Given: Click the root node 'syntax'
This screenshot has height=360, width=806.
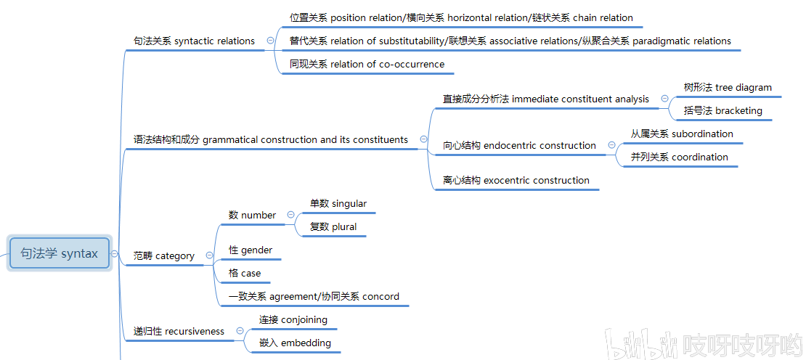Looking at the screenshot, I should click(59, 254).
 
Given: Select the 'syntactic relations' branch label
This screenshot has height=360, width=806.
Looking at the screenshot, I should click(194, 41).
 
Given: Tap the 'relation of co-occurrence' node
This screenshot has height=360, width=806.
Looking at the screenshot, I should click(367, 65).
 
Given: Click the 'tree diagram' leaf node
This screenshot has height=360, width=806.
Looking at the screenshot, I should click(728, 88).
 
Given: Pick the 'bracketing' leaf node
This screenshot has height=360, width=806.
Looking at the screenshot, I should click(722, 111).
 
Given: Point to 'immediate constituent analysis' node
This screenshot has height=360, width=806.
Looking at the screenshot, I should click(546, 99).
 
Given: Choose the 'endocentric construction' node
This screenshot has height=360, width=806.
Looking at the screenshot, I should click(519, 146).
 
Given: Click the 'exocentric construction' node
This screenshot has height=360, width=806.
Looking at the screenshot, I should click(516, 181).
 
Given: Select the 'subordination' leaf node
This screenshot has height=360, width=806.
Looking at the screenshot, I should click(681, 134).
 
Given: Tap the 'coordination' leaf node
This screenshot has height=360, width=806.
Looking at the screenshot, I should click(679, 157).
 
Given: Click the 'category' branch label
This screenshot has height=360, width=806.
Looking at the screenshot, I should click(164, 256).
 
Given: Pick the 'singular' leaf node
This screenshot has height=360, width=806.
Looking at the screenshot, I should click(338, 204).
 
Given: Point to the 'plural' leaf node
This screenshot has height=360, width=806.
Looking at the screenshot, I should click(333, 227).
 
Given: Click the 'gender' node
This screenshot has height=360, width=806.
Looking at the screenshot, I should click(251, 250).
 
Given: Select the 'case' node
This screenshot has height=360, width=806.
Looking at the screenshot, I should click(245, 274).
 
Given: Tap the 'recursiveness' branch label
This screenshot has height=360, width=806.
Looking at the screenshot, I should click(179, 332).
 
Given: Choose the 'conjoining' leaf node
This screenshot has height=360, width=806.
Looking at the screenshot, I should click(293, 320).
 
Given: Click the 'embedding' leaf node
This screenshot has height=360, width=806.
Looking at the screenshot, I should click(295, 343).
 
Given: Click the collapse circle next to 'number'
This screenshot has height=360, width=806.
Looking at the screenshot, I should click(291, 215).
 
